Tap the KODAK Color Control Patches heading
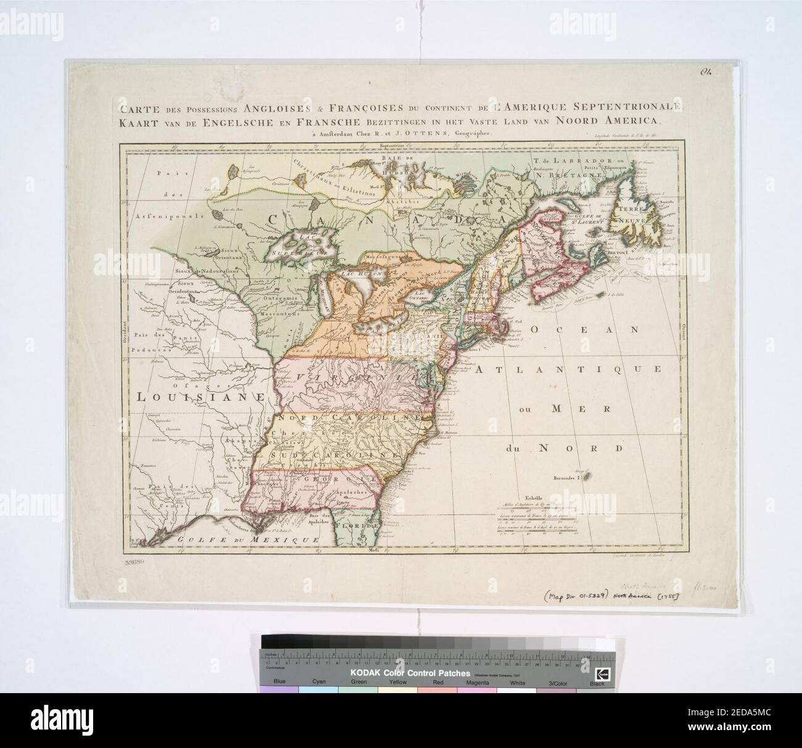coord(411,673)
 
